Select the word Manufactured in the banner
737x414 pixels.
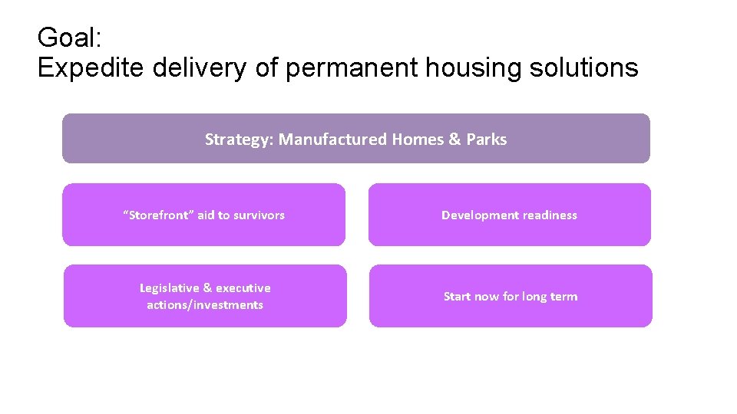[x=333, y=140]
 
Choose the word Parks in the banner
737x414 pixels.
[x=487, y=140]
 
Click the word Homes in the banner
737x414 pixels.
[x=418, y=140]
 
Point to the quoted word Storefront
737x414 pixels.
[x=159, y=215]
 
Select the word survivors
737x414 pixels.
[x=259, y=215]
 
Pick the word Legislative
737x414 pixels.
[x=169, y=288]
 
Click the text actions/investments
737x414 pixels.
[x=205, y=305]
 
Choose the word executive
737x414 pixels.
[x=243, y=288]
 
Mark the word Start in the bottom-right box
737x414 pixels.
[x=457, y=297]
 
